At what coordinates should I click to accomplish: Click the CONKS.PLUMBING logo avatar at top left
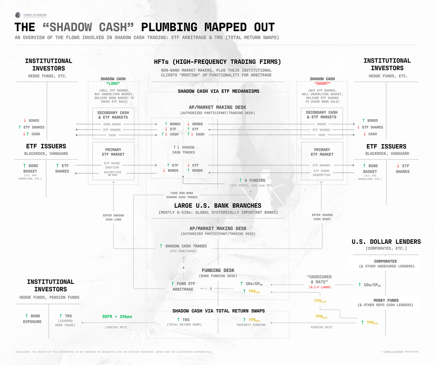(18, 15)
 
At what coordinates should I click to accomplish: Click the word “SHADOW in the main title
(68, 27)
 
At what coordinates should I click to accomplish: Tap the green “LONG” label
(113, 84)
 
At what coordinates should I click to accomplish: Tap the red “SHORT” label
(322, 84)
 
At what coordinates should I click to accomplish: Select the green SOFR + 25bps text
(117, 317)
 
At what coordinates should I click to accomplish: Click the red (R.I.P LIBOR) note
(320, 287)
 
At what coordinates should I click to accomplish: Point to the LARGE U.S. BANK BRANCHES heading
(218, 206)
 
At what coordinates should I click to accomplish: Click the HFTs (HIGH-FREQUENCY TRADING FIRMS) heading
(217, 62)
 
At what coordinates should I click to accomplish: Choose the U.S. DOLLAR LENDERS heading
(386, 242)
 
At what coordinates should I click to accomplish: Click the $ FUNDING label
(255, 180)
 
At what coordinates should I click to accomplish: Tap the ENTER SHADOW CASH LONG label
(114, 217)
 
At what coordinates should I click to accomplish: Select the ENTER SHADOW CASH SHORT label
(322, 217)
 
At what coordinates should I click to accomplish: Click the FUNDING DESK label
(218, 270)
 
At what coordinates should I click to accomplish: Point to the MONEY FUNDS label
(386, 300)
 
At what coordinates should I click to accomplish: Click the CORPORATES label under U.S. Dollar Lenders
(385, 261)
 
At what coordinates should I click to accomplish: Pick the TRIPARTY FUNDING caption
(251, 325)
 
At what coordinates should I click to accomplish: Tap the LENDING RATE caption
(116, 327)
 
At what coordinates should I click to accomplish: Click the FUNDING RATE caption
(321, 327)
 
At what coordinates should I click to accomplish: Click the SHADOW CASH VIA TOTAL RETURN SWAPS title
(218, 311)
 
